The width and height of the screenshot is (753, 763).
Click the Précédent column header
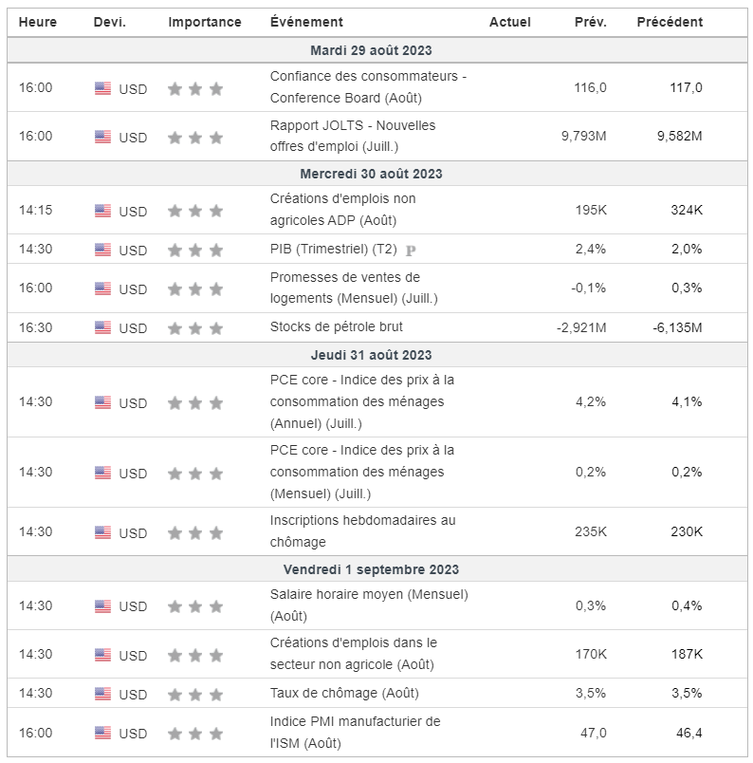(670, 22)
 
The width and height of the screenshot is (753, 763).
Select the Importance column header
(205, 22)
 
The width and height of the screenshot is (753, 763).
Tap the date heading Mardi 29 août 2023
(371, 50)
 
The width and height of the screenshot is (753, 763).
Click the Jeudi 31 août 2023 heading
(371, 355)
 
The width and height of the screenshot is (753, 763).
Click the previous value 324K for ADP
(686, 210)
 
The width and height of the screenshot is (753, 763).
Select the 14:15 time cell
(35, 210)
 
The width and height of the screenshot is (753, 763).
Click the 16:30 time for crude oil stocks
(35, 327)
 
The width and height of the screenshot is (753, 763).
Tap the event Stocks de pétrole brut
(336, 327)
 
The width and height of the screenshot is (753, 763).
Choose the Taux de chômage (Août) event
(344, 693)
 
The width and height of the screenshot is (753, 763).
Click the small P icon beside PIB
(411, 251)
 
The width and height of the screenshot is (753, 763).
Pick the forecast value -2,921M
(580, 327)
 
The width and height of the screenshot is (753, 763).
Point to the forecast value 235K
(591, 531)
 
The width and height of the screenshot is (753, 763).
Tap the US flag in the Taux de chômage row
(102, 693)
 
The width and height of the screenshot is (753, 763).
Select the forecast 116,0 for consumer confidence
(590, 87)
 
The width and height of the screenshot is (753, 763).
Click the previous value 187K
(686, 654)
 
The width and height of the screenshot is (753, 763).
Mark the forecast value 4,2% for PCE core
(591, 401)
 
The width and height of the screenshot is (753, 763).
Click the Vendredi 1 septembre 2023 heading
(371, 569)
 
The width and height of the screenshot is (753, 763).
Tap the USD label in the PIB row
(133, 251)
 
